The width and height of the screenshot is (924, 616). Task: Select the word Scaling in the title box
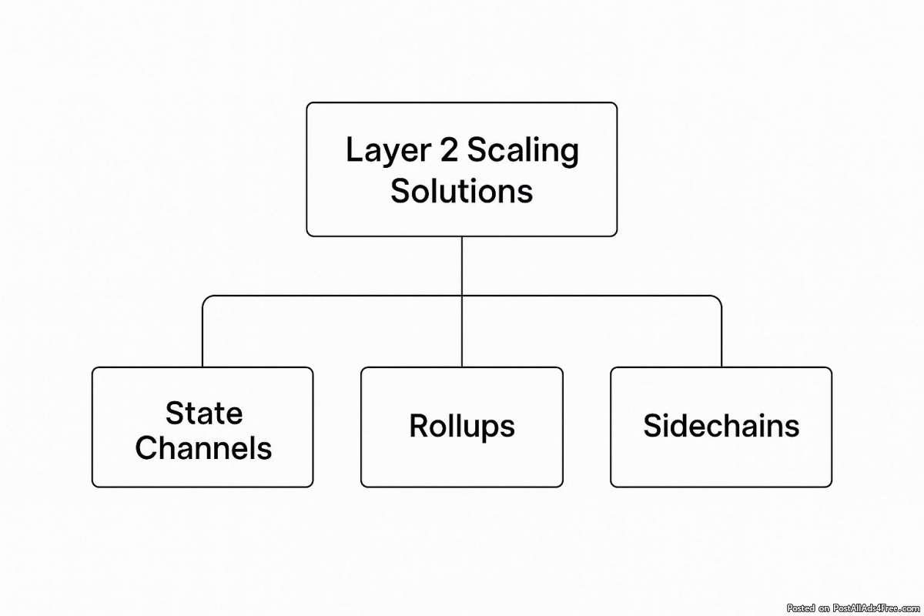(523, 151)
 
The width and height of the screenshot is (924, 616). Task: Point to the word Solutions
(461, 190)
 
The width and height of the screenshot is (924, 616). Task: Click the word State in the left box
(203, 413)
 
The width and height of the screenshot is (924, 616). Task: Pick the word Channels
(203, 447)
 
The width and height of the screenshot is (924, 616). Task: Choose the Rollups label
(461, 426)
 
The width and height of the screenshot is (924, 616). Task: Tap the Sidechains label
(721, 426)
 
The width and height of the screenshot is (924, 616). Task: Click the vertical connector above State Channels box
(203, 339)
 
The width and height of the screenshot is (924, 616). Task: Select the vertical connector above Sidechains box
(721, 339)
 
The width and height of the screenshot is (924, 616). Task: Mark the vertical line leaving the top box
(462, 266)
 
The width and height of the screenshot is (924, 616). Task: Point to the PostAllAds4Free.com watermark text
(855, 608)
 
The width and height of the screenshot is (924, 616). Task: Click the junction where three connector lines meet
(462, 296)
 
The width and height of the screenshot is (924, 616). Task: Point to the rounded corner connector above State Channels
(206, 300)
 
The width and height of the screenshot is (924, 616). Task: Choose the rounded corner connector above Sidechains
(718, 300)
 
